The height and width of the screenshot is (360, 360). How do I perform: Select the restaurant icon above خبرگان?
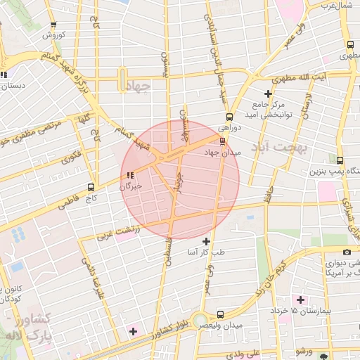(x=129, y=175)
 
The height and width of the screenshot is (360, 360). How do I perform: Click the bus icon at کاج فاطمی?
(x=91, y=187)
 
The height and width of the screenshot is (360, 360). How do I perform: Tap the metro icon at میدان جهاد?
(x=223, y=141)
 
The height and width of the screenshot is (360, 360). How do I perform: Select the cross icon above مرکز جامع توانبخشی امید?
(x=268, y=94)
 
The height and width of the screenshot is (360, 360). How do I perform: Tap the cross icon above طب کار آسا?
(x=206, y=241)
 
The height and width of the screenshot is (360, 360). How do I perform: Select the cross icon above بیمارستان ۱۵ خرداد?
(x=300, y=300)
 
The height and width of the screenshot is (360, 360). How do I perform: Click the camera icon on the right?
(x=347, y=252)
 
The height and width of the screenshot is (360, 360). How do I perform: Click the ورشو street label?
(x=304, y=351)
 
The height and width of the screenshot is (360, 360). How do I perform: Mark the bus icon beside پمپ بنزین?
(x=340, y=160)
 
